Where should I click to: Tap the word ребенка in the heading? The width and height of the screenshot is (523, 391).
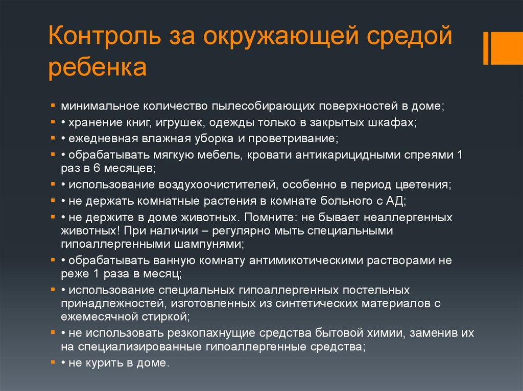[98, 68]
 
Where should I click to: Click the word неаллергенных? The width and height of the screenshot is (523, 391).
[407, 217]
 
